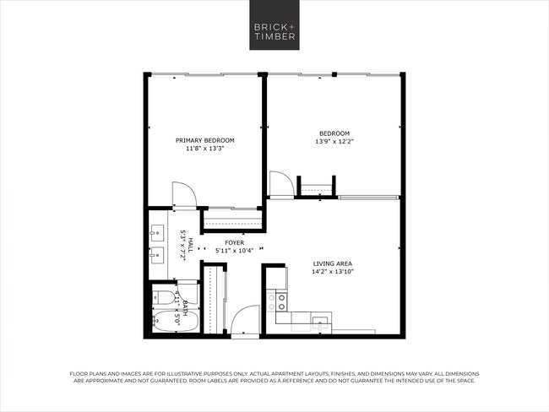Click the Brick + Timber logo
click(274, 32)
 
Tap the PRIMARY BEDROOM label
click(204, 140)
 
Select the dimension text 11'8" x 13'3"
click(204, 149)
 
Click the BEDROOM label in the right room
click(334, 133)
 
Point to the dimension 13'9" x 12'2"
click(334, 142)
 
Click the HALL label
click(191, 244)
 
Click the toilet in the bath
click(160, 296)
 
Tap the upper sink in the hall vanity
click(157, 230)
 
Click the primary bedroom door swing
click(183, 194)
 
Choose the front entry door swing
click(244, 322)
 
